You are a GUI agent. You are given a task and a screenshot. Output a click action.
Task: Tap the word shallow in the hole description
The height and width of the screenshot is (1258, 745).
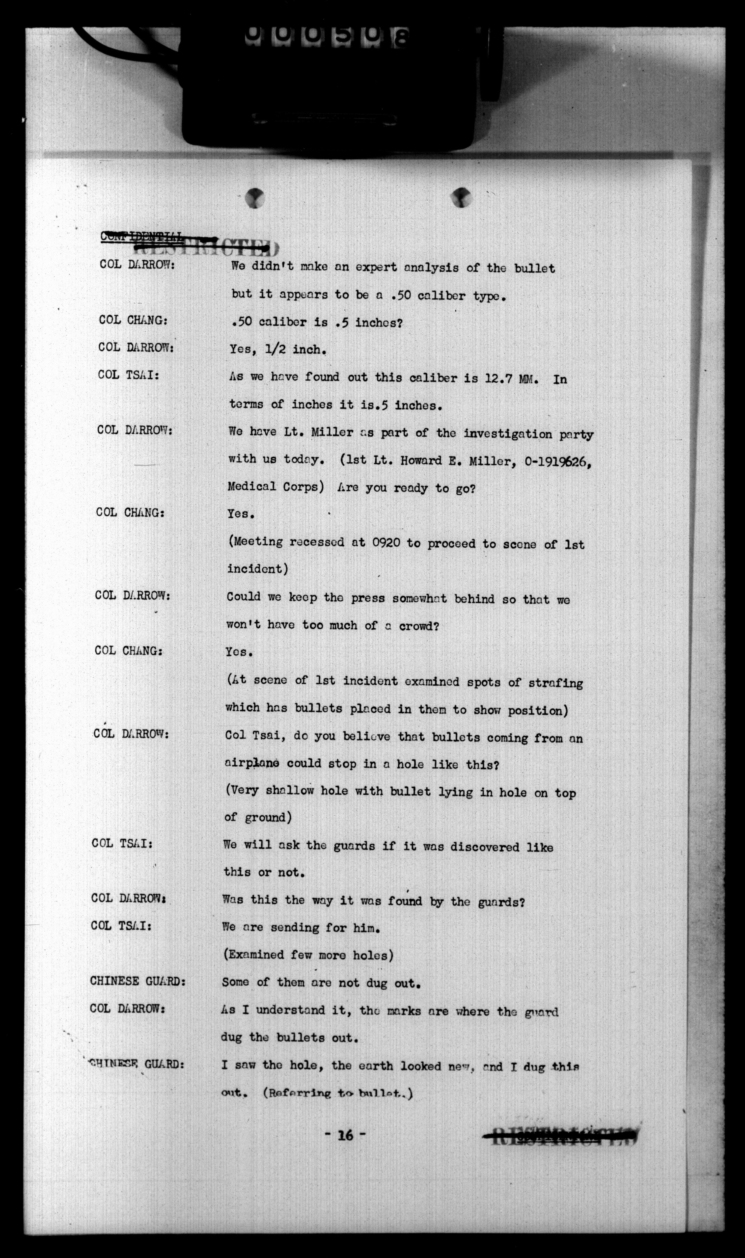(x=290, y=791)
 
